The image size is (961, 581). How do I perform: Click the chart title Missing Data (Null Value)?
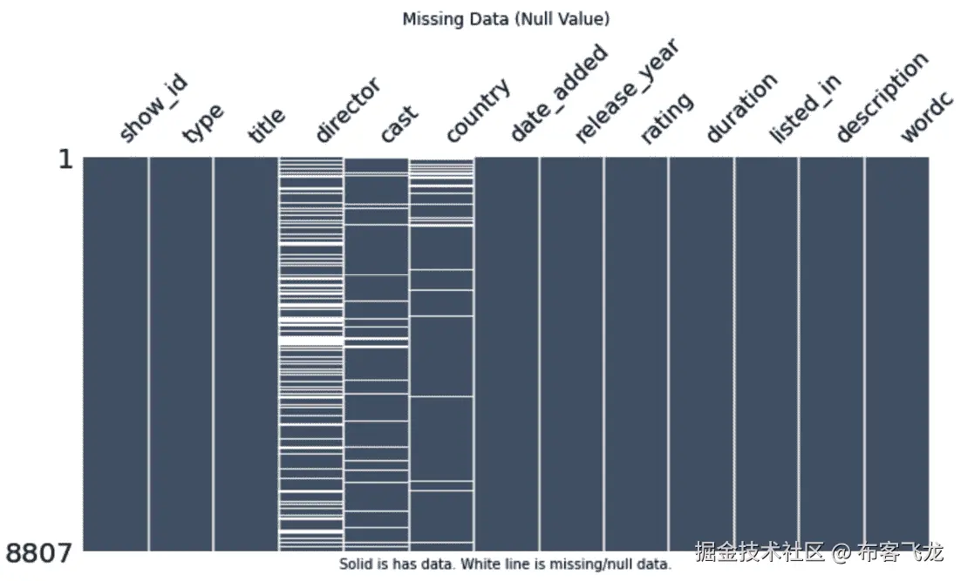(505, 19)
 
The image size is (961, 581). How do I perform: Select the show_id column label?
(153, 110)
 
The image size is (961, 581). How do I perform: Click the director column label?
(347, 111)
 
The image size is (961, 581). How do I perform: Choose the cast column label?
(399, 124)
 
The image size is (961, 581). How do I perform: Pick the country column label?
(477, 111)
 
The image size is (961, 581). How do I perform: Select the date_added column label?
(558, 96)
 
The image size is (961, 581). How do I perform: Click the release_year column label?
(625, 91)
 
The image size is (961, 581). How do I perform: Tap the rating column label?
(667, 118)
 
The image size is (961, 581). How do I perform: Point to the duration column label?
(740, 109)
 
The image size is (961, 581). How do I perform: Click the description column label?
(882, 98)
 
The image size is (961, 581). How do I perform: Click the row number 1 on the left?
(65, 161)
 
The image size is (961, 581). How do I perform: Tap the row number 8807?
(39, 551)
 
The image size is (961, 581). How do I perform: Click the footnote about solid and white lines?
(505, 564)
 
